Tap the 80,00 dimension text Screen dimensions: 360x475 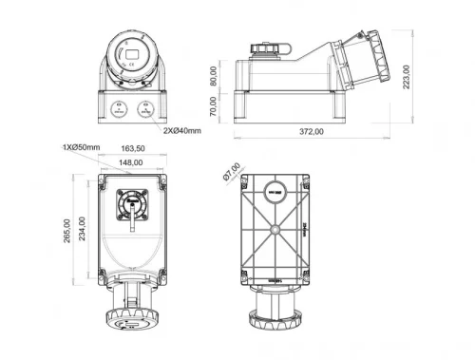click(x=214, y=77)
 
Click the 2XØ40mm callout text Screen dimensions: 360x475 click(x=181, y=130)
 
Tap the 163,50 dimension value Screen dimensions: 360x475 click(x=133, y=149)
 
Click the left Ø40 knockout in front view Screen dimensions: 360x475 click(x=120, y=107)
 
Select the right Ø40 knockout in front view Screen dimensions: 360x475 click(x=146, y=107)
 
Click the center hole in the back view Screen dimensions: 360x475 click(x=275, y=229)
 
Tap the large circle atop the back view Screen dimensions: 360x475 click(x=275, y=191)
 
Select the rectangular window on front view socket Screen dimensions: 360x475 click(x=133, y=55)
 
